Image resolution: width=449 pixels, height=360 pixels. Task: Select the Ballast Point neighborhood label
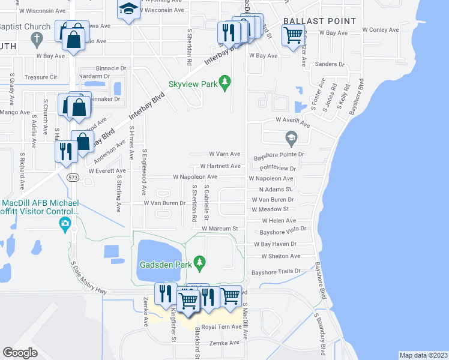pyautogui.click(x=320, y=21)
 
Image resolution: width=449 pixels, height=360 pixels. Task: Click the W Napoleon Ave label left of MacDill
pyautogui.click(x=195, y=177)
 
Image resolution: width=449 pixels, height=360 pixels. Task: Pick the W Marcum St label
pyautogui.click(x=220, y=229)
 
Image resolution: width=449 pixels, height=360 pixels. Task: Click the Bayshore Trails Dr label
pyautogui.click(x=276, y=271)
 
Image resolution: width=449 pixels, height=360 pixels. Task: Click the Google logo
pyautogui.click(x=20, y=353)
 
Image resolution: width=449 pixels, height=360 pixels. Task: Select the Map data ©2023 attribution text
pyautogui.click(x=423, y=355)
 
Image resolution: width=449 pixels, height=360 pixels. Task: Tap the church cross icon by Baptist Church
pyautogui.click(x=37, y=40)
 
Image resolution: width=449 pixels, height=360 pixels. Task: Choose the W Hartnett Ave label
pyautogui.click(x=220, y=166)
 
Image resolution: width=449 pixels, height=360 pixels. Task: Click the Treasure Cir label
pyautogui.click(x=40, y=77)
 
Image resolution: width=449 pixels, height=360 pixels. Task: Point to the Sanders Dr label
pyautogui.click(x=328, y=64)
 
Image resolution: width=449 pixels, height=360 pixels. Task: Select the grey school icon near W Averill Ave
pyautogui.click(x=291, y=138)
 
